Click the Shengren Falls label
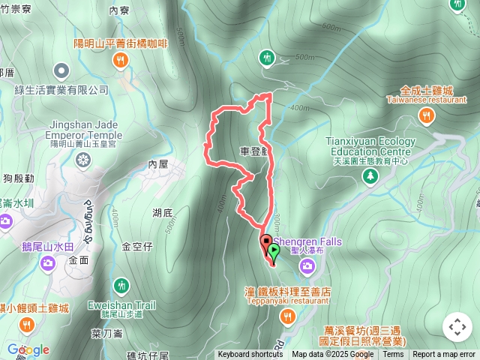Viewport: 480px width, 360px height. tap(311, 241)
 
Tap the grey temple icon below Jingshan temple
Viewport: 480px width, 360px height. tap(82, 159)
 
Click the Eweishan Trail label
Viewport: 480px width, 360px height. tap(121, 305)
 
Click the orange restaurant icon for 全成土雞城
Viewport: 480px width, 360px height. tap(426, 115)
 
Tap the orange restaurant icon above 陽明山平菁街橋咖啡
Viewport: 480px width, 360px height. tap(120, 59)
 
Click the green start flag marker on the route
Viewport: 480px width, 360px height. tap(274, 251)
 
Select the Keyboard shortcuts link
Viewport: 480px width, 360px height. tap(250, 355)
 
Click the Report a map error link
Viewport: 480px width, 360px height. tap(444, 355)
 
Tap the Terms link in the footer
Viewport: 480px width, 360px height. tap(392, 355)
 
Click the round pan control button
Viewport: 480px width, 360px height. tap(457, 326)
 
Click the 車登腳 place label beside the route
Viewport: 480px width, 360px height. tap(253, 151)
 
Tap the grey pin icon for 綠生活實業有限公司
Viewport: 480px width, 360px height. tap(61, 72)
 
